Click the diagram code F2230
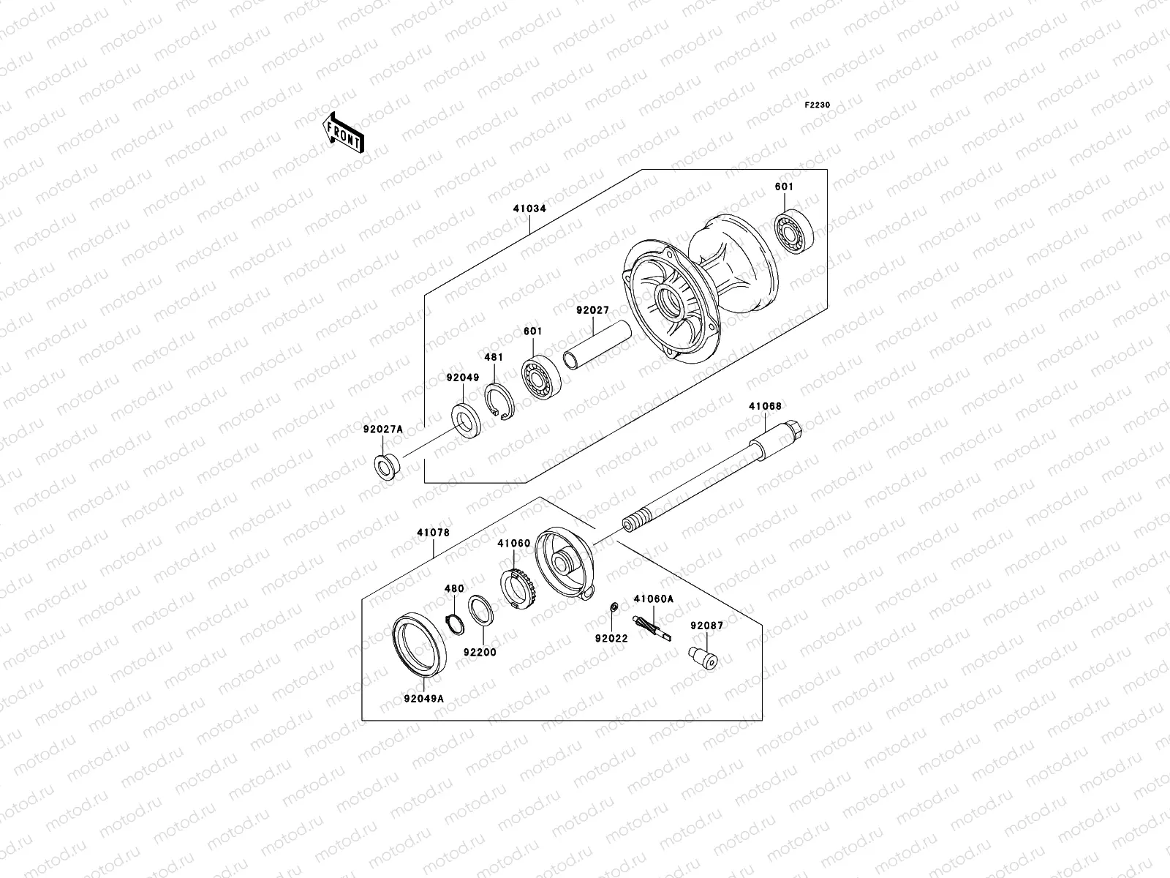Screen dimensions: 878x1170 click(818, 105)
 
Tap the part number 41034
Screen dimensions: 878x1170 click(529, 209)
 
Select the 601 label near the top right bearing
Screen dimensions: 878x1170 click(784, 187)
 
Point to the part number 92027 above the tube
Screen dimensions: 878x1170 click(592, 310)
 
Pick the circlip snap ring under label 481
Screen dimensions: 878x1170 click(502, 402)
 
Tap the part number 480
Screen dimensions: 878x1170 click(455, 588)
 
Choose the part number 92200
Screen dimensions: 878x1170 click(480, 651)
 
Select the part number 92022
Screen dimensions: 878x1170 click(611, 639)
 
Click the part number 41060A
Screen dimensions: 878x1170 click(653, 599)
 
